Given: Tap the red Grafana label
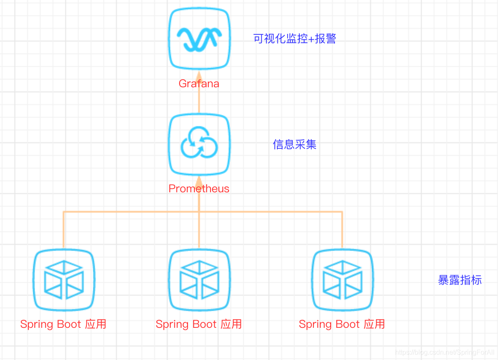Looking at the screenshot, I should point(199,83).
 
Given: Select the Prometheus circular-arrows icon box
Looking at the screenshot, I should point(199,145).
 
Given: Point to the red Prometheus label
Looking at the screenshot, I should point(199,188).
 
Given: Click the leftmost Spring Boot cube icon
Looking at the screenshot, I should point(64,280).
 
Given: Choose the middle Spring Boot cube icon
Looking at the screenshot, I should point(199,280).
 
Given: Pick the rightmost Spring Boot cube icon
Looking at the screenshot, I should point(342,280).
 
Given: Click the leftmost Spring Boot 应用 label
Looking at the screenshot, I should point(64,324).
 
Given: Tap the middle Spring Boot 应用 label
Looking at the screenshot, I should point(199,324).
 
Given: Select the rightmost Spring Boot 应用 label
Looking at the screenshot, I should point(342,324).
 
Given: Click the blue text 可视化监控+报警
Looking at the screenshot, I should point(295,39).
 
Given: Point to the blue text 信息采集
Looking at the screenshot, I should point(295,145).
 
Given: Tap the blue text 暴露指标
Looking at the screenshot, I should point(460,280).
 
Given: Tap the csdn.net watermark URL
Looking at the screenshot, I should point(445,352).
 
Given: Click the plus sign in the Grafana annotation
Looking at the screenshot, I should point(311,39).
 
